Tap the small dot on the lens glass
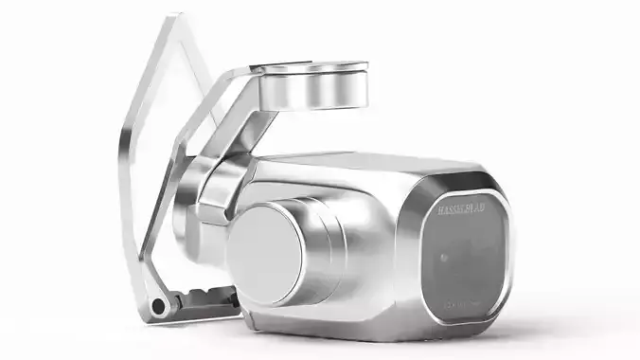pyautogui.click(x=444, y=257)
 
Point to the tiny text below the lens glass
pyautogui.click(x=465, y=305)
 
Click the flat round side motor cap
pyautogui.click(x=265, y=252)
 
